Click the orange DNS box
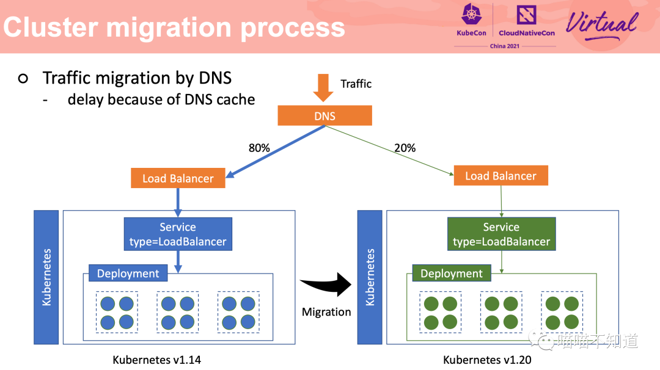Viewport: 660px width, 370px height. tap(324, 116)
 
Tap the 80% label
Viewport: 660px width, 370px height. tap(259, 148)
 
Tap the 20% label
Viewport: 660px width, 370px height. tap(405, 148)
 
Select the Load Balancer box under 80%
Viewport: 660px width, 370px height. tap(178, 178)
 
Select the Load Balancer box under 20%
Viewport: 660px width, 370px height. tap(501, 176)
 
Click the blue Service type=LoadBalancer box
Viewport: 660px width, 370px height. tap(178, 234)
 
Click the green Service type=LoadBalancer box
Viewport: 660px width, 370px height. tap(501, 234)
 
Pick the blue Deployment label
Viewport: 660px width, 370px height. tap(128, 274)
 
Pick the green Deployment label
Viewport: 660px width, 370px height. tap(452, 274)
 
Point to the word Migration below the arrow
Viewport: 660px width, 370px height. tap(326, 312)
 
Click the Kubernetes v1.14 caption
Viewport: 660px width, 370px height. tap(156, 360)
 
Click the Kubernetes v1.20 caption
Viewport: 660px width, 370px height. tap(487, 360)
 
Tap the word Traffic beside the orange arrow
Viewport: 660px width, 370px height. tap(356, 84)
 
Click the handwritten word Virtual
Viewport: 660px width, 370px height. tap(601, 24)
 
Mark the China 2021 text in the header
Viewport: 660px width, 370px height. tap(504, 46)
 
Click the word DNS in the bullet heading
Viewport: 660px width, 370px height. tap(215, 78)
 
